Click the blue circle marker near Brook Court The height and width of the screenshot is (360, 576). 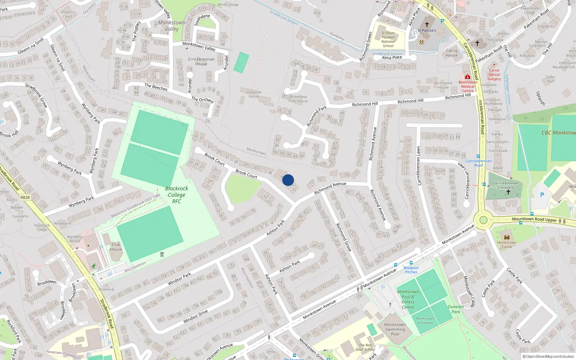tap(288, 180)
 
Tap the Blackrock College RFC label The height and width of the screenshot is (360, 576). tap(176, 195)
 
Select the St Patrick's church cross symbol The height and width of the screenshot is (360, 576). tap(427, 24)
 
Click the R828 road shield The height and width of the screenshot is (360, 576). tap(25, 197)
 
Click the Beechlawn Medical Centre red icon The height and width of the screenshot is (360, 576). tap(467, 77)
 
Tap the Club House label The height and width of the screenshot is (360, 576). tap(116, 247)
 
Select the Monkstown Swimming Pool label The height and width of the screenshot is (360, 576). tap(395, 329)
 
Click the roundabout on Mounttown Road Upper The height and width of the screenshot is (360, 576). tap(483, 220)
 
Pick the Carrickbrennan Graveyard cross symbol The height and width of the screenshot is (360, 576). tap(508, 192)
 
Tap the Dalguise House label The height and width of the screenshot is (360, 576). tap(254, 94)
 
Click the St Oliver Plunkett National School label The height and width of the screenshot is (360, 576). tap(388, 39)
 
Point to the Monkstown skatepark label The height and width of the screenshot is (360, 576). tap(425, 320)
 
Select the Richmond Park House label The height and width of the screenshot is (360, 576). tap(298, 99)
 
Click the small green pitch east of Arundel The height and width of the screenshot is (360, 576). tap(241, 63)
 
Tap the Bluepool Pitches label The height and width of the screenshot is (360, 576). tap(411, 270)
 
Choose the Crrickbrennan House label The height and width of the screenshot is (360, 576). tap(201, 62)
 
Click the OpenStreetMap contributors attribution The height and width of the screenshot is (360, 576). tap(548, 356)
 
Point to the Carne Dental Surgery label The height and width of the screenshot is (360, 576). tap(494, 75)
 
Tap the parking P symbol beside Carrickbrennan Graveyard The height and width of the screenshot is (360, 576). tap(542, 195)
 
